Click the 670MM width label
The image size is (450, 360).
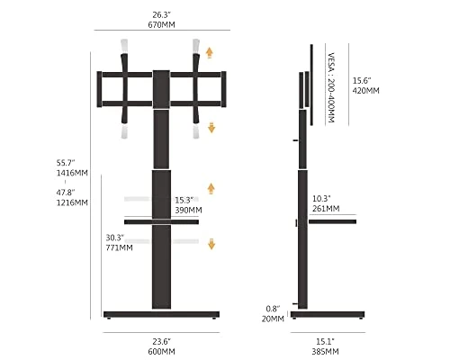pyautogui.click(x=161, y=24)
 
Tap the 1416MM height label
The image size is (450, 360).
pyautogui.click(x=72, y=173)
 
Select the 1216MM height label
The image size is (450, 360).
pyautogui.click(x=72, y=202)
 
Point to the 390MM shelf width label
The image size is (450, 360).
pyautogui.click(x=188, y=210)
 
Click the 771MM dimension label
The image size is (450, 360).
pyautogui.click(x=119, y=247)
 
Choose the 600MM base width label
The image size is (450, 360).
pyautogui.click(x=161, y=351)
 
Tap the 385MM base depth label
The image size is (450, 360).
pyautogui.click(x=325, y=351)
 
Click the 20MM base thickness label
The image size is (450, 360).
pyautogui.click(x=273, y=319)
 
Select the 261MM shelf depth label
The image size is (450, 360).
pyautogui.click(x=326, y=209)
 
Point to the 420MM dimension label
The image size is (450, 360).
pyautogui.click(x=366, y=91)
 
